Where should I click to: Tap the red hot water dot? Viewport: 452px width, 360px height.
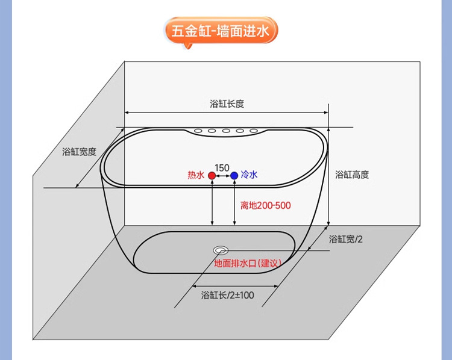(x=212, y=175)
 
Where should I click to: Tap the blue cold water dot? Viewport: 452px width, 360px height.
(x=234, y=175)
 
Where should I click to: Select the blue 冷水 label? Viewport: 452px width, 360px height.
(x=249, y=175)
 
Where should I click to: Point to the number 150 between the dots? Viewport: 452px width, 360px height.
(x=222, y=167)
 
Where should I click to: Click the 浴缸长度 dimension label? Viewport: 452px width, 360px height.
(x=227, y=104)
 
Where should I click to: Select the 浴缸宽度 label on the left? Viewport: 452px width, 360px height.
(x=79, y=152)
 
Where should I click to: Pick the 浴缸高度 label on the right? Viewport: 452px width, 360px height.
(x=352, y=175)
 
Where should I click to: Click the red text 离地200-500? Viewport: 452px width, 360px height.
(x=265, y=205)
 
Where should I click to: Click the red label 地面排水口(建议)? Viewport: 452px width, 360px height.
(x=248, y=263)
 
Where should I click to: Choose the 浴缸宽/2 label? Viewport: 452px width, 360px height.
(x=346, y=239)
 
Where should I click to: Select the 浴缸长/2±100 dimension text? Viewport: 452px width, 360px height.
(x=227, y=295)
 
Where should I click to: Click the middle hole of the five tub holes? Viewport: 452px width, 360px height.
(x=226, y=131)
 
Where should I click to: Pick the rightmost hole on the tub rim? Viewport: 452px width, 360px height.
(x=254, y=131)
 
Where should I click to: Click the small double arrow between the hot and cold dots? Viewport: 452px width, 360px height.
(x=223, y=175)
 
